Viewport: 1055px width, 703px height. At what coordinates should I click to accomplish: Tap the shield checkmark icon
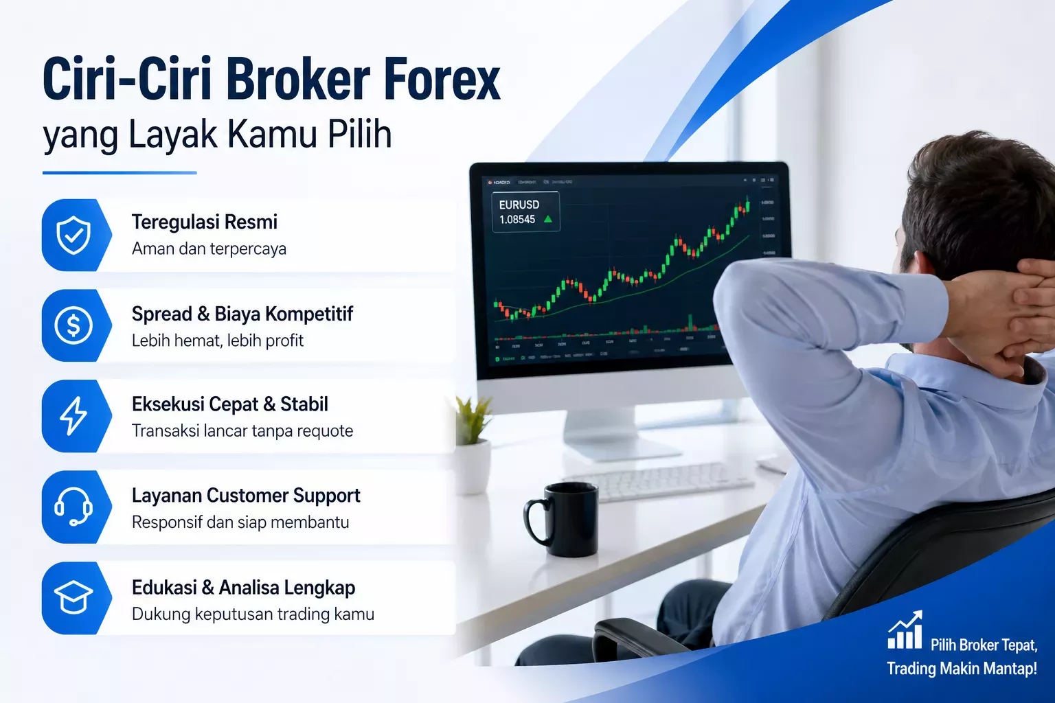point(73,235)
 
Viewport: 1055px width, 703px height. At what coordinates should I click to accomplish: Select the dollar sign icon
point(73,325)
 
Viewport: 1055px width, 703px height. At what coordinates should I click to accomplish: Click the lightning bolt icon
point(73,416)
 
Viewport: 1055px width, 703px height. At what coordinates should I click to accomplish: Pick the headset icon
point(73,507)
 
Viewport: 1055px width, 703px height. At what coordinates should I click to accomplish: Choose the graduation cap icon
point(73,598)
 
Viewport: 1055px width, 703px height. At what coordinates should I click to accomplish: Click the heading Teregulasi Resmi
point(205,222)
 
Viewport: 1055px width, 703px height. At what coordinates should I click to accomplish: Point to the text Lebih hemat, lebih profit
point(218,341)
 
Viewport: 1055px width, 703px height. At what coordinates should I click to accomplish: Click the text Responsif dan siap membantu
point(240,522)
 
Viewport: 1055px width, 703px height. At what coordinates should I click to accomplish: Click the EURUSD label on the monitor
point(519,205)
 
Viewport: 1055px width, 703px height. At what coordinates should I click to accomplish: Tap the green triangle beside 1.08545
point(548,220)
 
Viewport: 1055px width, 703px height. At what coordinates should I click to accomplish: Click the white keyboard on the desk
point(659,481)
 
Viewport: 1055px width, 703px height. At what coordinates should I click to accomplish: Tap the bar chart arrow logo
point(905,631)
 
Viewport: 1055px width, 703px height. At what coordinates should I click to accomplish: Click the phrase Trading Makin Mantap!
point(962,669)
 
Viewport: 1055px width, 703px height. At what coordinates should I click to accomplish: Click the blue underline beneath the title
point(120,172)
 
